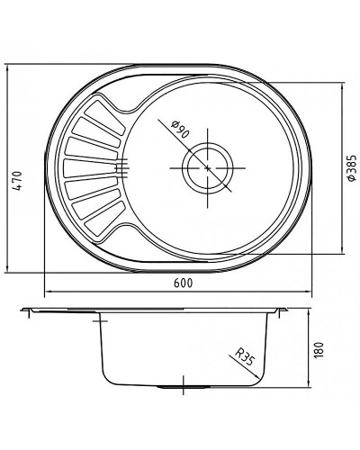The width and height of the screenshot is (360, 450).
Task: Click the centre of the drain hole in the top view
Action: pos(208,168)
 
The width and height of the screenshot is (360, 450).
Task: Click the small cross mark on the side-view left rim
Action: pos(98,314)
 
